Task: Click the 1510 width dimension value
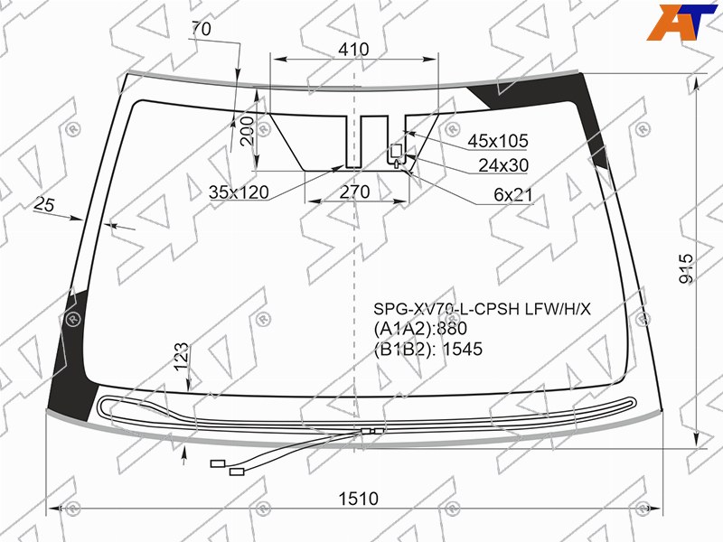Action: click(x=358, y=499)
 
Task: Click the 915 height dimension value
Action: click(x=686, y=268)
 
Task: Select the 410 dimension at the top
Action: click(x=353, y=50)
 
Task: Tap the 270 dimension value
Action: click(x=354, y=192)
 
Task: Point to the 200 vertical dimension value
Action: click(x=247, y=131)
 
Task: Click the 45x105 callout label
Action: click(x=498, y=141)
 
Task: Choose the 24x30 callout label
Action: click(x=503, y=165)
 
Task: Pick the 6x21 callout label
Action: click(x=513, y=195)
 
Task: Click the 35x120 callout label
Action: click(x=239, y=192)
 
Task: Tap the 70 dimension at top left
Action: click(x=201, y=29)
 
